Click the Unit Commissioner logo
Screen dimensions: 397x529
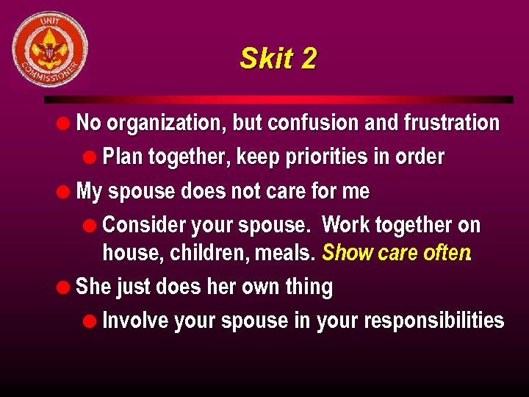50,50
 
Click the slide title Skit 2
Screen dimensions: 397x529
278,59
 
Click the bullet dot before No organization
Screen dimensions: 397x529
65,123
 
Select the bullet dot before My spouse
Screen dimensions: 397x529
65,192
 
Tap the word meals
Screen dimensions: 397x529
287,253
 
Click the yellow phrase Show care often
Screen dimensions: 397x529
395,253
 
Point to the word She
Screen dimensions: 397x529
92,286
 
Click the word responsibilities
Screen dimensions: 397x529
433,321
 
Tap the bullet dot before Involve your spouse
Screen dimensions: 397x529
90,321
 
